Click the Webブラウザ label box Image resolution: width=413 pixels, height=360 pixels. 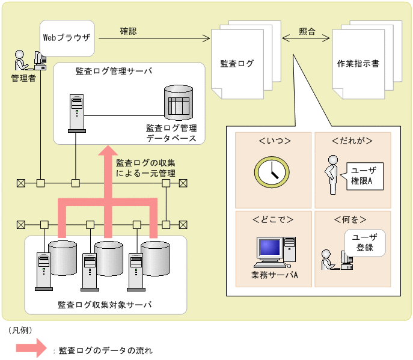click(66, 37)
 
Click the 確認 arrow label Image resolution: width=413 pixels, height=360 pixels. click(127, 31)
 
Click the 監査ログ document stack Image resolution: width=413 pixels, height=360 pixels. click(237, 60)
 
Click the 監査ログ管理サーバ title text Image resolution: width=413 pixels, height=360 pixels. click(114, 71)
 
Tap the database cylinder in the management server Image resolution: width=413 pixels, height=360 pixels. click(179, 103)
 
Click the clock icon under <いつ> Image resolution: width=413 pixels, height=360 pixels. click(273, 171)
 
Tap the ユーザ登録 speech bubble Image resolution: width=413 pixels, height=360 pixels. click(364, 242)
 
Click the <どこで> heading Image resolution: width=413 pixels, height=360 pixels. click(274, 219)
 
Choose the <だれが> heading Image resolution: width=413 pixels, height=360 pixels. click(352, 141)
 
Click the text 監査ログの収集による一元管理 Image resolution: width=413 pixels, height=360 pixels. click(145, 168)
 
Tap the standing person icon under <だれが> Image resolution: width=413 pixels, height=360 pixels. click(330, 175)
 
